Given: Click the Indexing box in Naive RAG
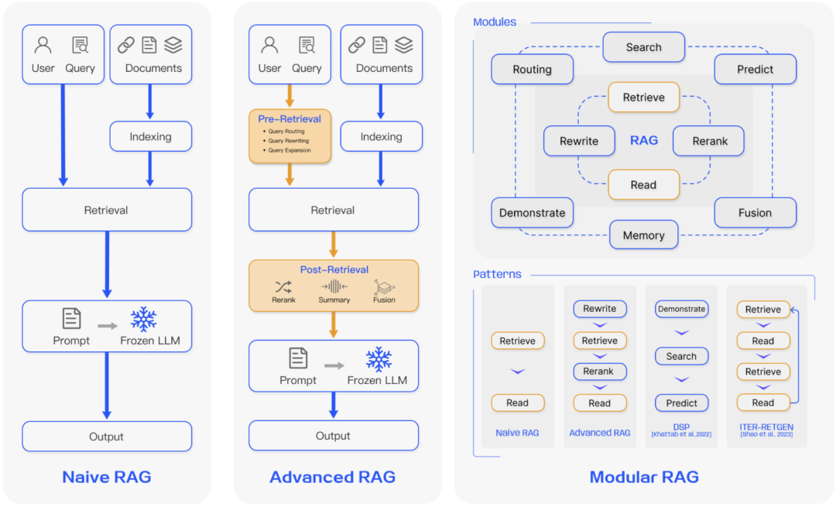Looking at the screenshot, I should point(150,136).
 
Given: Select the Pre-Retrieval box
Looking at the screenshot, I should point(290,135).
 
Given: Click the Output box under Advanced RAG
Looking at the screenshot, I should point(333,436).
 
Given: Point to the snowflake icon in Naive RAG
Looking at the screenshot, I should point(143,319).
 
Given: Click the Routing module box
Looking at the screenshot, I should point(533,69).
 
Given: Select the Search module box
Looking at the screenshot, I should point(643,47).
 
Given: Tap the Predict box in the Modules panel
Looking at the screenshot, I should point(755,69).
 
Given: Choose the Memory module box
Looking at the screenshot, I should point(643,235).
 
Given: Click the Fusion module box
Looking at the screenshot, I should point(755,213).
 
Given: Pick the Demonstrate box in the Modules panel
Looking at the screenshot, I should point(533,213).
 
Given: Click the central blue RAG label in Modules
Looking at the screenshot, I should point(644,141).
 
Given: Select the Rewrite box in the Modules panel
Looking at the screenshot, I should point(579,141).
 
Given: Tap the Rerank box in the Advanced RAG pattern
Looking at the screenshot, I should point(599,372).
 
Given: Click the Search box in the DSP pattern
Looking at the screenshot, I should point(681,356).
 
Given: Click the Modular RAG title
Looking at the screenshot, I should point(644,477).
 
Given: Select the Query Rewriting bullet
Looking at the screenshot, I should point(289,141).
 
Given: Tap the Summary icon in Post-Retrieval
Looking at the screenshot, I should point(334,286).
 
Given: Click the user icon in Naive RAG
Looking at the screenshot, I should point(43,46).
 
